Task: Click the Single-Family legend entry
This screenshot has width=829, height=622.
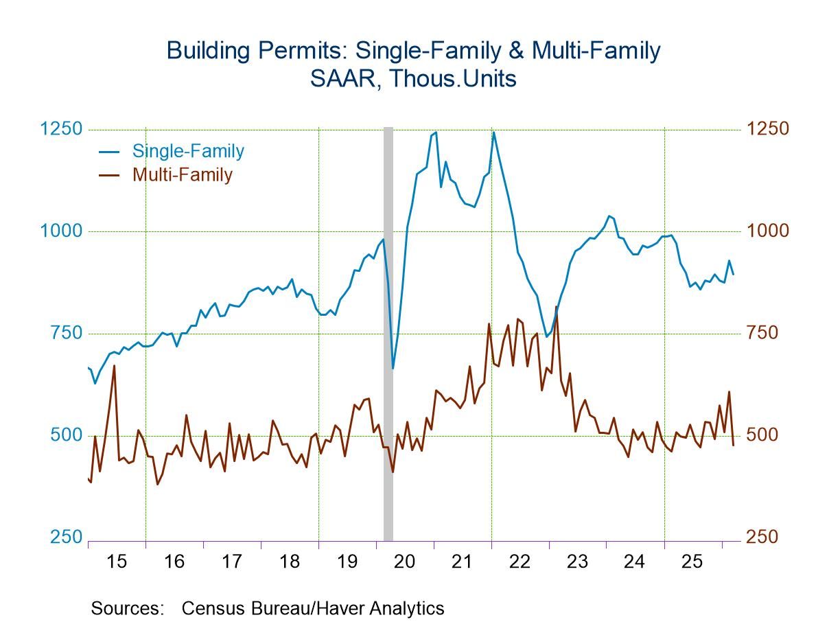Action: (188, 151)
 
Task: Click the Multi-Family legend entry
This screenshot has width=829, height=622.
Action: (183, 174)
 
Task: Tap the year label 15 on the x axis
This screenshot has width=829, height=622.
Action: (117, 561)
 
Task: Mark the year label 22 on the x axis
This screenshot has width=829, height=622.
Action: (519, 561)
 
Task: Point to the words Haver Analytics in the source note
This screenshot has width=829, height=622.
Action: (394, 608)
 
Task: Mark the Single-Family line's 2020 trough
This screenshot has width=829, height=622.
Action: (393, 368)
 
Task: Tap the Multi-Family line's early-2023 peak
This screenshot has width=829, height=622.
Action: (556, 307)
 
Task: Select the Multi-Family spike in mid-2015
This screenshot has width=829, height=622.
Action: (114, 365)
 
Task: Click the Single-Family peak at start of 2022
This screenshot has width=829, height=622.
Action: (493, 133)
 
